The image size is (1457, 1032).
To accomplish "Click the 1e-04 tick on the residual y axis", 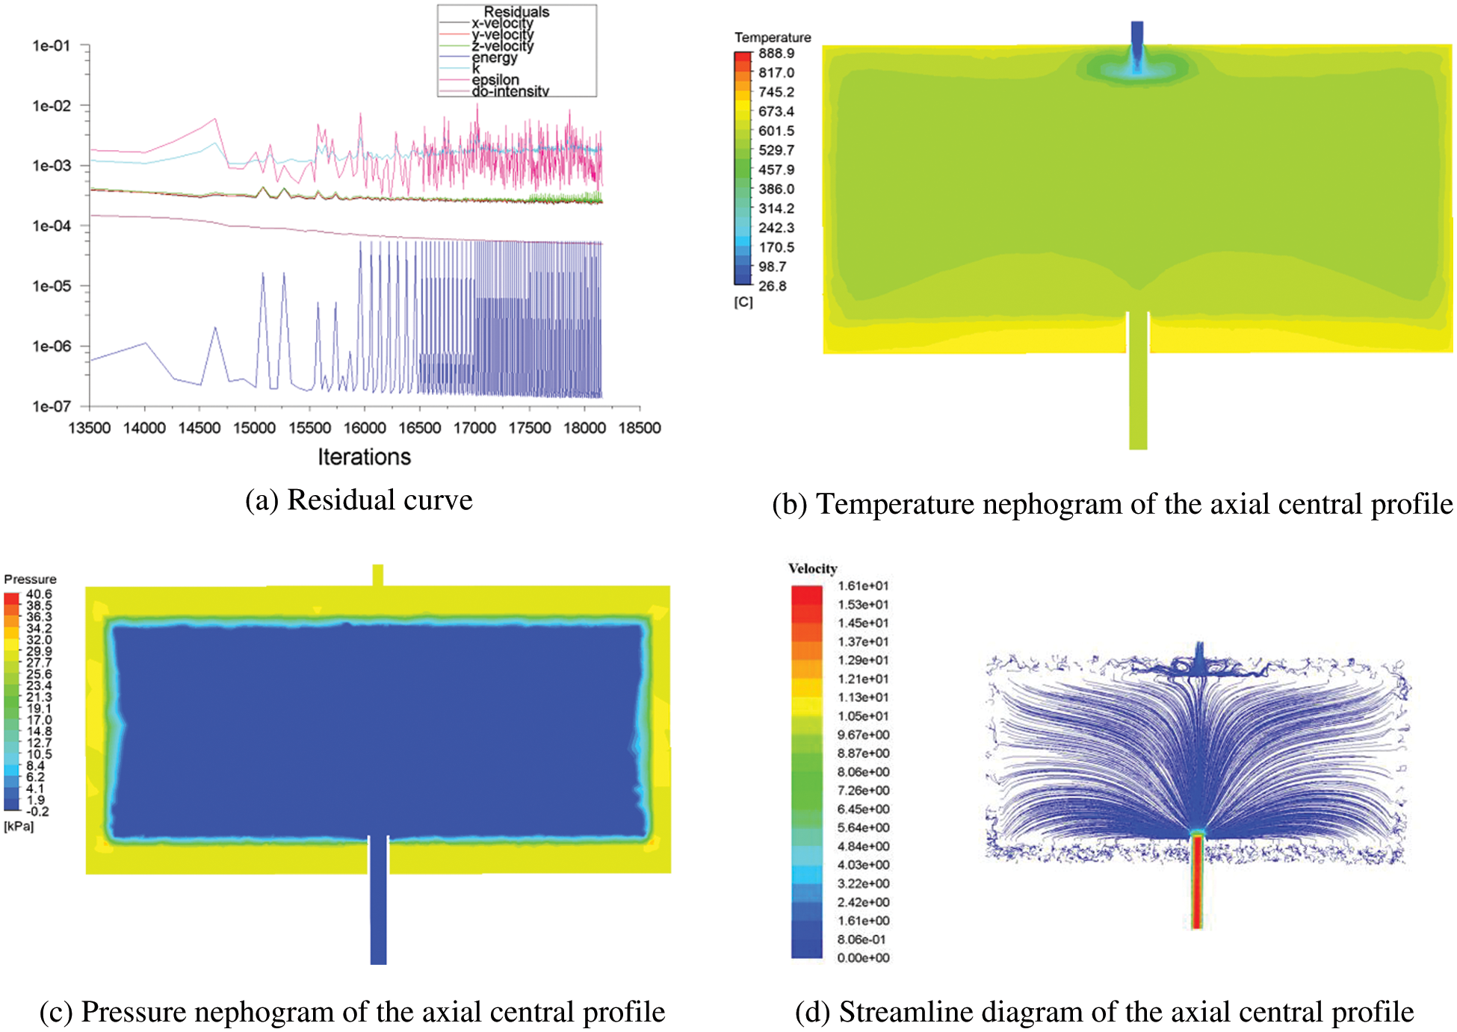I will tap(51, 226).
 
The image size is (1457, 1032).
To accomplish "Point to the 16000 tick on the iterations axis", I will tap(365, 428).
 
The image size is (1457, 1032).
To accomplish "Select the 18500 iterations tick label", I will tap(640, 428).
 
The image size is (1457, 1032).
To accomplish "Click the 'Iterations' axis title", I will tap(364, 457).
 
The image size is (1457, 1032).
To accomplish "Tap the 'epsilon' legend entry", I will tap(495, 79).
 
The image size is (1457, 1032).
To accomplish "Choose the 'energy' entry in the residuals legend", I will tap(494, 57).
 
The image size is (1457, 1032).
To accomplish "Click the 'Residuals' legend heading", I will tap(516, 12).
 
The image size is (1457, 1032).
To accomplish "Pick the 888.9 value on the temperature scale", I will tap(776, 54).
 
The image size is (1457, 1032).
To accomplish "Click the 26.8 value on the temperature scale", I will tap(773, 286).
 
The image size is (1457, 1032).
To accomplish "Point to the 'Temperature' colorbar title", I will tap(773, 37).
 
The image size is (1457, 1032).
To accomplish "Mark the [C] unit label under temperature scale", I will tap(743, 302).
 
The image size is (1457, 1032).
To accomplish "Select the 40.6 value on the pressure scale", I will tap(39, 594).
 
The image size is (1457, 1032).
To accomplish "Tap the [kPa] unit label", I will tap(19, 826).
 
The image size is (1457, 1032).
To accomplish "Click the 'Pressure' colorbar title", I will tap(30, 579).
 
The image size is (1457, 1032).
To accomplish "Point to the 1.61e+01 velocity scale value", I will tap(863, 586).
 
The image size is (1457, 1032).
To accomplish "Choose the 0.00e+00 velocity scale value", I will tap(863, 958).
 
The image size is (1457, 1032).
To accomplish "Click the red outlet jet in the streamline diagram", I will tap(1197, 881).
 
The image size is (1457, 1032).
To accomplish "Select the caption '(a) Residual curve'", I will tap(359, 500).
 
